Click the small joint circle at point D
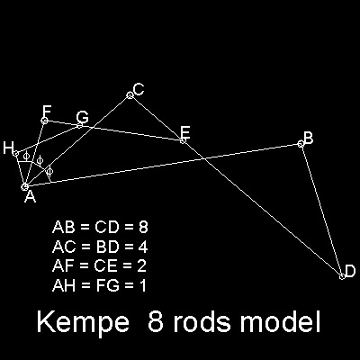[342, 276]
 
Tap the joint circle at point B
[301, 144]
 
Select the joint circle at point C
[130, 95]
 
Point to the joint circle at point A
[25, 187]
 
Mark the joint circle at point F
[44, 121]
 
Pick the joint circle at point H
[16, 153]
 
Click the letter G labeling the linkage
[82, 117]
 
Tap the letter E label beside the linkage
[185, 132]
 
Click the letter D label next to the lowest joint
[350, 271]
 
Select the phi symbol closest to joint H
[26, 156]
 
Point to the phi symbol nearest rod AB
[49, 171]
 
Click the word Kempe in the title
[84, 322]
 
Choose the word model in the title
[280, 321]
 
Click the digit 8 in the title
[156, 322]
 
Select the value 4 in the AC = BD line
[143, 247]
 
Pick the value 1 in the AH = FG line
[142, 285]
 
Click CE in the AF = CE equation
[105, 266]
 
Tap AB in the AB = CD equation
[63, 228]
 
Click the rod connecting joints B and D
[321, 211]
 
